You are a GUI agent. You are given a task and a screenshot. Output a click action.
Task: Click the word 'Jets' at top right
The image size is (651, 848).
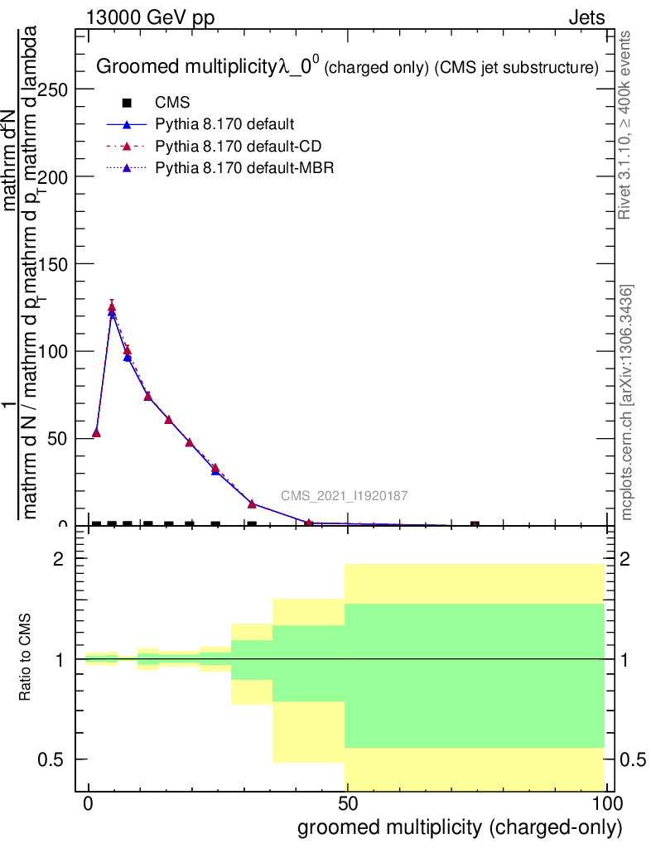(586, 18)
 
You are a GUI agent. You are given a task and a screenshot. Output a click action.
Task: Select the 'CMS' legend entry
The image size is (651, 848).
(173, 104)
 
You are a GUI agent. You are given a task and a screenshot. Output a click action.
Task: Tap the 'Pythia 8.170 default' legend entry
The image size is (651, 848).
(224, 125)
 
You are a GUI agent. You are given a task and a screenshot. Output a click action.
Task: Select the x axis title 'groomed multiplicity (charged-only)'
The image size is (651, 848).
(459, 827)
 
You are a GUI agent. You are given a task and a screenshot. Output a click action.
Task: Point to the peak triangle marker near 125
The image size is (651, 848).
(112, 307)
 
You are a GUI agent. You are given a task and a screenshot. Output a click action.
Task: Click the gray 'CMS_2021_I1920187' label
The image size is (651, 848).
(344, 496)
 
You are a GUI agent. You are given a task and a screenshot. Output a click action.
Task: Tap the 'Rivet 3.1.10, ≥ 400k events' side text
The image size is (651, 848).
(626, 125)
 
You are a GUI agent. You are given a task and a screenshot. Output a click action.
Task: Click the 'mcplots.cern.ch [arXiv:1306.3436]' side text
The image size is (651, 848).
(627, 402)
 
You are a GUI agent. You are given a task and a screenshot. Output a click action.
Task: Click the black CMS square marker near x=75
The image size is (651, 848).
(475, 525)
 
